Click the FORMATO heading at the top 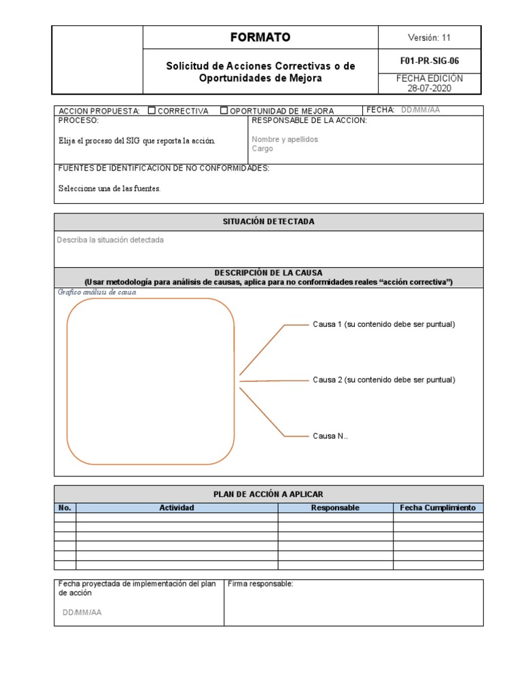click(260, 37)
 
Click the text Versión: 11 click(429, 38)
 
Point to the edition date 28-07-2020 click(430, 88)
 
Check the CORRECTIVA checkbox click(152, 111)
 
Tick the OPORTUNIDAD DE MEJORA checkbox click(224, 111)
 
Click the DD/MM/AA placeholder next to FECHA click(420, 110)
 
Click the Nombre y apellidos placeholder click(285, 139)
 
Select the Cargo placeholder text click(262, 149)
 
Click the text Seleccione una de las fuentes click(109, 188)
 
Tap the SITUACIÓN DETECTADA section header click(268, 222)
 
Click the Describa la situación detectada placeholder click(110, 240)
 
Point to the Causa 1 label click(383, 324)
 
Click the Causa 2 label click(383, 380)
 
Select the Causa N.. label click(330, 436)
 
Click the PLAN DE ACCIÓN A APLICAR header click(268, 494)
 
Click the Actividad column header click(177, 508)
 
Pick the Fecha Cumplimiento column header click(438, 508)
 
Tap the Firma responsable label click(260, 584)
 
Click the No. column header click(65, 508)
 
